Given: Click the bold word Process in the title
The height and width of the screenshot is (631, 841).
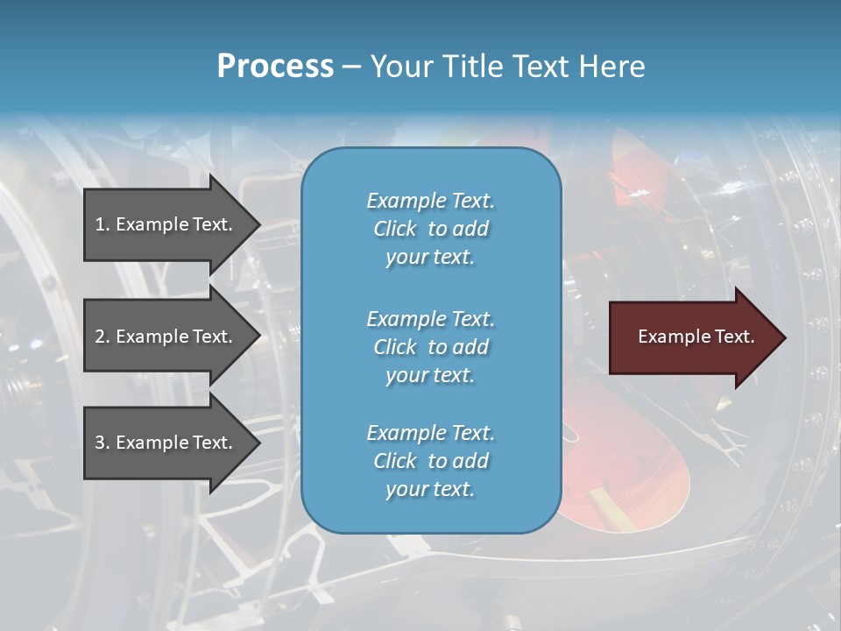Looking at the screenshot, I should [275, 66].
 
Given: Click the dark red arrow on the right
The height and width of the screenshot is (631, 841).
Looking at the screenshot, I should [692, 337].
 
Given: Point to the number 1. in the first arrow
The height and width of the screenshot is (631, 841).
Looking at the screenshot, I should [102, 224].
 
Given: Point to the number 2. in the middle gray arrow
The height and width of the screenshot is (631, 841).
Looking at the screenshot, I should [102, 337].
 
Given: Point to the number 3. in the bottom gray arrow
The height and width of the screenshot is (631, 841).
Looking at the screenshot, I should [102, 443].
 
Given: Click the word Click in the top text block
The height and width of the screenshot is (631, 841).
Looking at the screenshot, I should [395, 229].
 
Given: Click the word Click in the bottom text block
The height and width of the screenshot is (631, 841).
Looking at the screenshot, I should [395, 461].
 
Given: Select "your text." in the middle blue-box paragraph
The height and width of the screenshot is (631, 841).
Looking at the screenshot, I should [430, 375].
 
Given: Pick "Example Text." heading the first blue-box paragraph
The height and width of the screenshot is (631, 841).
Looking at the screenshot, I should [430, 201].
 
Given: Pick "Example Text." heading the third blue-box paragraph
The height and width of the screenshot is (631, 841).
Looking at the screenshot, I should [430, 433].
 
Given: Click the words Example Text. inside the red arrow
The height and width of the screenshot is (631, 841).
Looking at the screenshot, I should [696, 337].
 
